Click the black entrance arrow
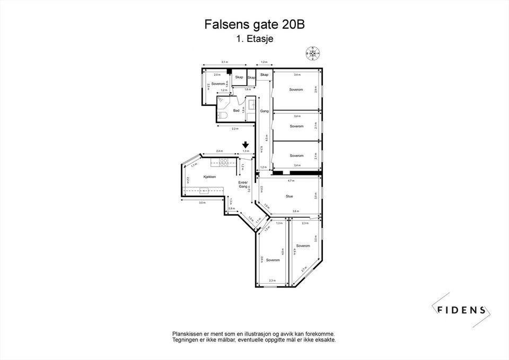pyautogui.click(x=245, y=145)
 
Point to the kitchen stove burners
pyautogui.click(x=224, y=162)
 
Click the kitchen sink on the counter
pyautogui.click(x=205, y=190)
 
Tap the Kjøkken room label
pyautogui.click(x=209, y=177)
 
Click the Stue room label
pyautogui.click(x=289, y=196)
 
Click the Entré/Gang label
pyautogui.click(x=243, y=185)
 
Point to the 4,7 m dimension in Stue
pyautogui.click(x=291, y=181)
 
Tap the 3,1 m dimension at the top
pyautogui.click(x=224, y=62)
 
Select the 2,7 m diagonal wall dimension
pyautogui.click(x=303, y=270)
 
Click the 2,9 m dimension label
pyautogui.click(x=315, y=90)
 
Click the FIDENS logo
pyautogui.click(x=460, y=310)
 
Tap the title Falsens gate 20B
pyautogui.click(x=254, y=24)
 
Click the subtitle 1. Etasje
pyautogui.click(x=254, y=38)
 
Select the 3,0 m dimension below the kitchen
pyautogui.click(x=202, y=203)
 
